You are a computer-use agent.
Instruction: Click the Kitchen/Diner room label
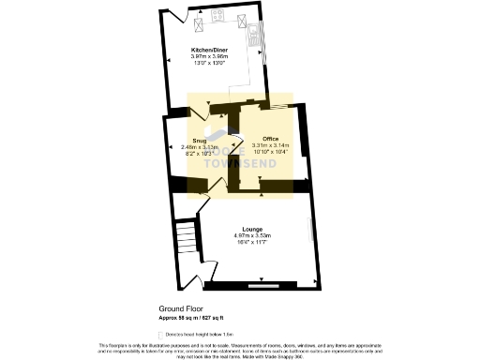tap(209, 48)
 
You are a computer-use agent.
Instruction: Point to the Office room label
tap(271, 138)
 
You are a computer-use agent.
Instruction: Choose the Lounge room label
tap(251, 228)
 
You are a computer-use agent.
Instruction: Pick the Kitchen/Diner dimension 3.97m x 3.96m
tap(210, 56)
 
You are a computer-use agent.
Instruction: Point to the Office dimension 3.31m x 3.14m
tap(271, 145)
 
